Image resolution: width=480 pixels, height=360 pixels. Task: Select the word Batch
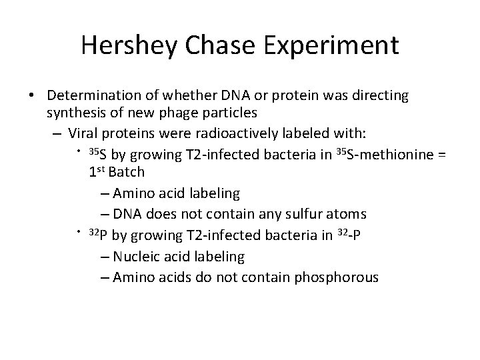click(x=127, y=173)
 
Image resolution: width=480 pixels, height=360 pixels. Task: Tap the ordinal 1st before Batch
click(x=97, y=172)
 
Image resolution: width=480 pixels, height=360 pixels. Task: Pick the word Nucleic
click(x=136, y=256)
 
